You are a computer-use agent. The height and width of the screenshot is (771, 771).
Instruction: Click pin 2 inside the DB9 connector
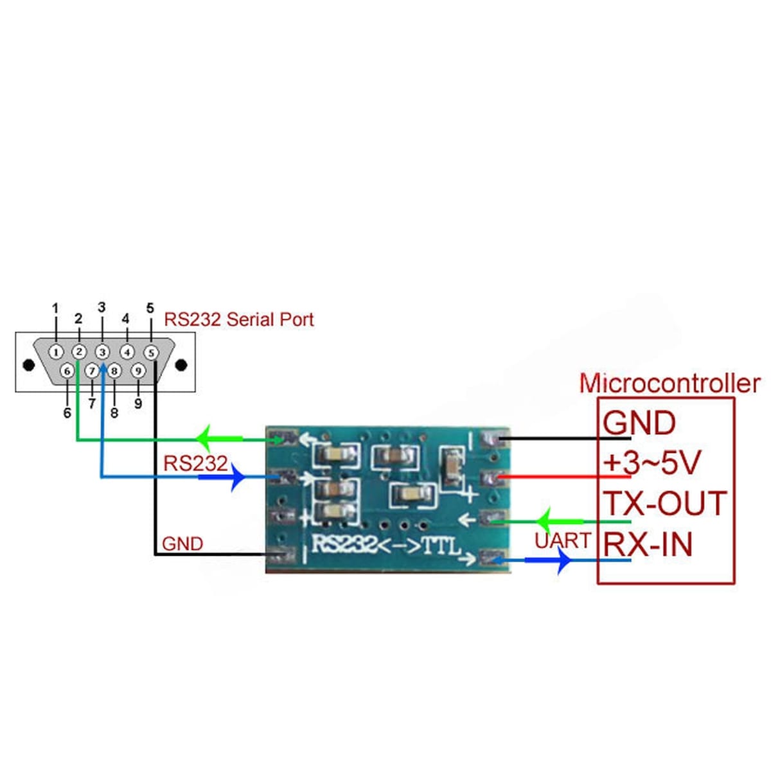(79, 352)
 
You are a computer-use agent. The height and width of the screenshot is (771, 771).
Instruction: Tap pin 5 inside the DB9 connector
(151, 353)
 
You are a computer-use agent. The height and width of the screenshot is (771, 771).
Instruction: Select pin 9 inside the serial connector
(137, 371)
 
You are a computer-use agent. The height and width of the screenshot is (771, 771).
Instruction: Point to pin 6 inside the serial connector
(67, 371)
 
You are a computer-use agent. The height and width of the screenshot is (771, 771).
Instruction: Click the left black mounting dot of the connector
(28, 365)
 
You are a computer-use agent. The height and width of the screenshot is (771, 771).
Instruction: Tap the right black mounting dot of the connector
(181, 365)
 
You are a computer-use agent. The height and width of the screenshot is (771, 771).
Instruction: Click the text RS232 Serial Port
(239, 319)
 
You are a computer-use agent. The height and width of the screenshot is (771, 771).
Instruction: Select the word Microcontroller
(669, 384)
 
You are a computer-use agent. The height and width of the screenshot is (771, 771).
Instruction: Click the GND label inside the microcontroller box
(639, 423)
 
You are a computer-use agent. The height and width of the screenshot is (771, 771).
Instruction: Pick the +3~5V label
(651, 463)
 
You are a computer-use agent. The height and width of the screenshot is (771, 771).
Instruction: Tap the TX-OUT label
(664, 504)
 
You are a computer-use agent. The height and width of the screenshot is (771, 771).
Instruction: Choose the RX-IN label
(648, 545)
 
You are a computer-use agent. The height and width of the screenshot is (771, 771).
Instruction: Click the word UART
(562, 541)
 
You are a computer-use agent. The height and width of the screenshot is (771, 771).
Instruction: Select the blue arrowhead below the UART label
(563, 561)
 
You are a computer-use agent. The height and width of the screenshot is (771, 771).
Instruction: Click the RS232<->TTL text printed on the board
(386, 545)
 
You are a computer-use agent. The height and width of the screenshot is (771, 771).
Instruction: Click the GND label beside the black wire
(182, 544)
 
